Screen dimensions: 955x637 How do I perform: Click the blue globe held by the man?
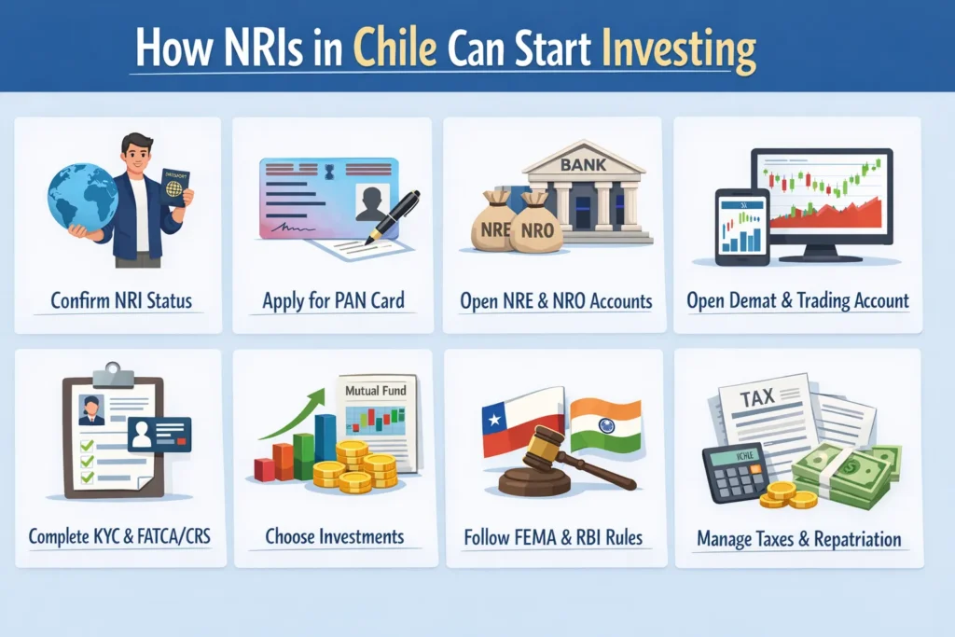(82, 197)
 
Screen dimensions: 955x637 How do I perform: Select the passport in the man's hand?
(174, 187)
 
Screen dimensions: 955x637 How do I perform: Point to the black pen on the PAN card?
(393, 217)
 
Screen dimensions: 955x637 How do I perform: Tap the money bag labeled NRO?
(535, 224)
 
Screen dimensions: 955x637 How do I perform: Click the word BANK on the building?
(583, 164)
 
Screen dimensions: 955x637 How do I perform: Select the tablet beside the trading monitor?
(742, 228)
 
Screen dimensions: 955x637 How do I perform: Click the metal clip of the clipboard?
(113, 375)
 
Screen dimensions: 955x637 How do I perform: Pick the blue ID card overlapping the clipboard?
(159, 435)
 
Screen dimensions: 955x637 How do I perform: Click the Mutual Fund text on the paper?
(375, 391)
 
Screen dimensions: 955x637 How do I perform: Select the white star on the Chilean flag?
(494, 420)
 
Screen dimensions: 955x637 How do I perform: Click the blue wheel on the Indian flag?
(606, 425)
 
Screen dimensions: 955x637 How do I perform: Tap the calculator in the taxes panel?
(735, 472)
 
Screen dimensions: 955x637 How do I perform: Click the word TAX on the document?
(757, 398)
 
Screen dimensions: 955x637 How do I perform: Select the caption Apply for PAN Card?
(333, 300)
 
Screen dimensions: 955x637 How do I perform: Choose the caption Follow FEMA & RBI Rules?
(553, 537)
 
